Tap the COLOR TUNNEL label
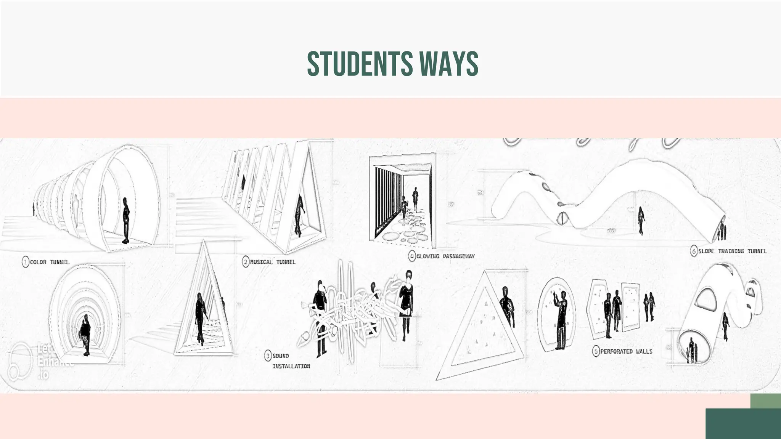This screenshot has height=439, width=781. click(x=50, y=262)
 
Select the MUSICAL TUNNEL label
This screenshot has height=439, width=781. click(x=273, y=262)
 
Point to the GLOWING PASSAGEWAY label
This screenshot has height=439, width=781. click(x=445, y=256)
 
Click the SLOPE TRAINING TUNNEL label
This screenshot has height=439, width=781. click(x=732, y=251)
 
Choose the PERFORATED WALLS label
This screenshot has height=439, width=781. click(x=626, y=351)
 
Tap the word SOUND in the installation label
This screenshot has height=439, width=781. click(x=281, y=356)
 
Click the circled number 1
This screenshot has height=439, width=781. click(x=25, y=262)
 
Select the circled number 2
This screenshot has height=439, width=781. click(x=246, y=262)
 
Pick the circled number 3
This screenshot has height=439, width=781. click(x=268, y=356)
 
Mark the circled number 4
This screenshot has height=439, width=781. click(x=412, y=256)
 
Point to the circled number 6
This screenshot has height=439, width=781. click(x=694, y=252)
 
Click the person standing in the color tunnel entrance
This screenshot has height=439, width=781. click(x=126, y=220)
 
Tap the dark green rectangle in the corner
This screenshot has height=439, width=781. click(x=743, y=423)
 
